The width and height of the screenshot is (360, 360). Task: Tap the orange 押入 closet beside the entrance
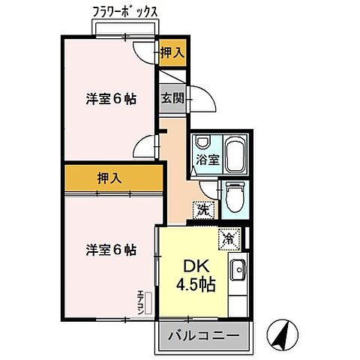pyautogui.click(x=172, y=52)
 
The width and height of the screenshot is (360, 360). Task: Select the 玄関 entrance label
pyautogui.click(x=170, y=97)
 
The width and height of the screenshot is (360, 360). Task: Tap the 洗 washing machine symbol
pyautogui.click(x=202, y=211)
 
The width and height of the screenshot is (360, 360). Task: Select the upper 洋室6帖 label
pyautogui.click(x=110, y=98)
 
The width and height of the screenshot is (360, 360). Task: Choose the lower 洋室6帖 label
pyautogui.click(x=110, y=250)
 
